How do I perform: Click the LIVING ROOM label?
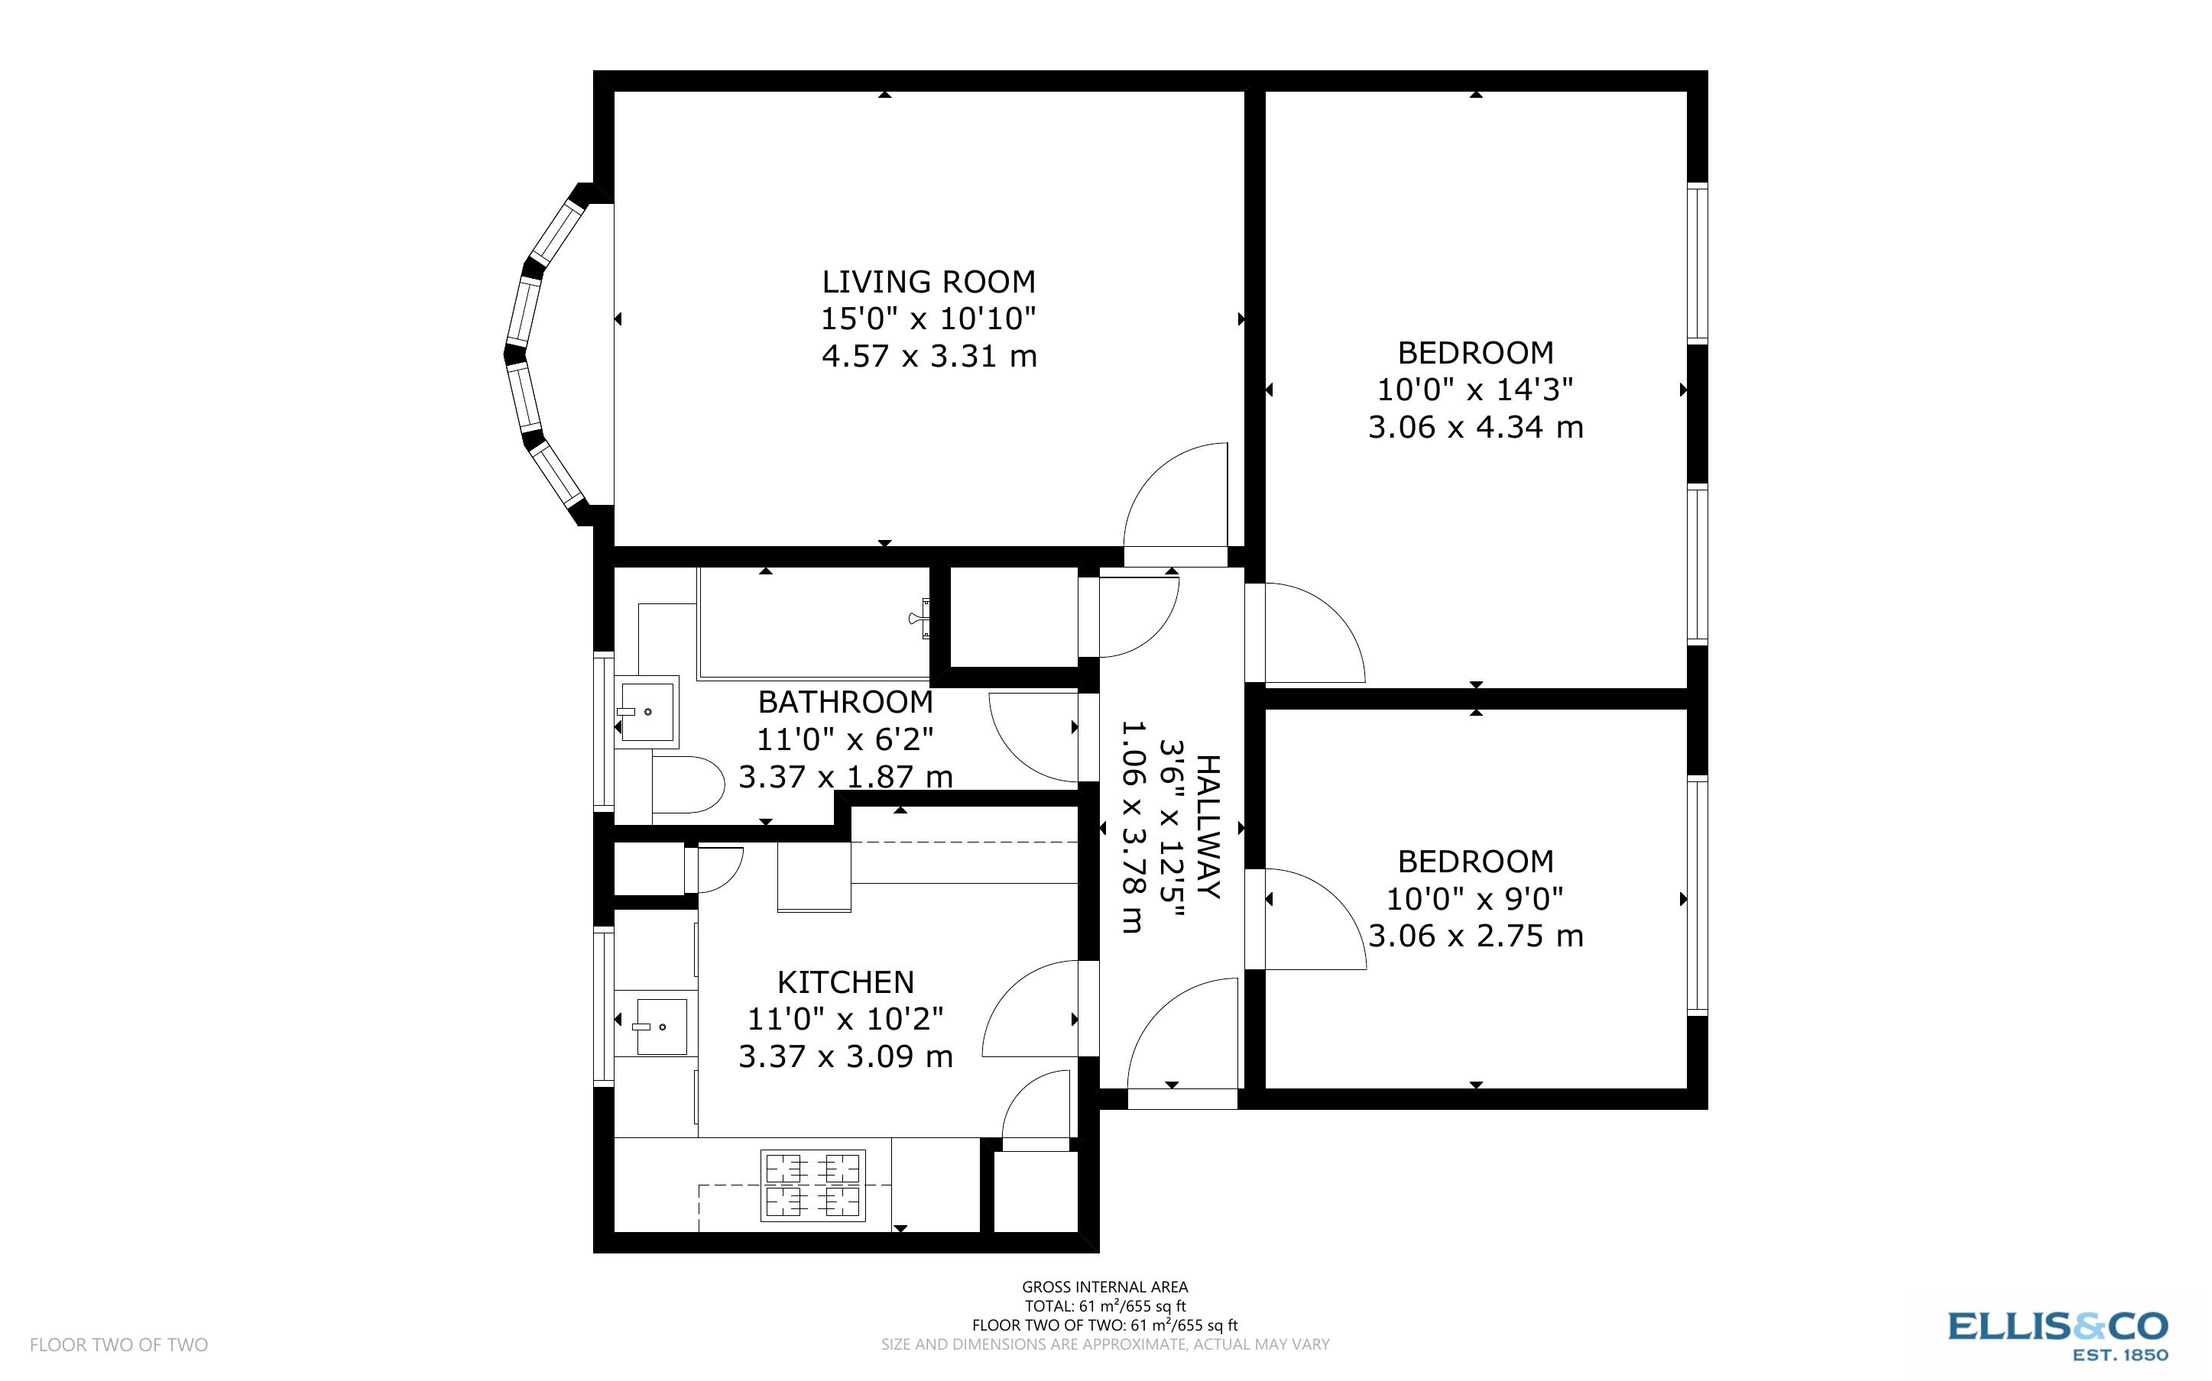[928, 281]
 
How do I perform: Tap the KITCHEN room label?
[845, 982]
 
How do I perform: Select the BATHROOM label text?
[845, 703]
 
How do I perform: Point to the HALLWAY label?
[1208, 826]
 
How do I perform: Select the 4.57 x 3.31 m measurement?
[928, 355]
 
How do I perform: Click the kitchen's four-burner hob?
[812, 1185]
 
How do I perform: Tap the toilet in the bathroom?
[687, 784]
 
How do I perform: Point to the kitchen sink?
[660, 1027]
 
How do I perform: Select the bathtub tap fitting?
[920, 619]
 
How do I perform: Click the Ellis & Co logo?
[2058, 1335]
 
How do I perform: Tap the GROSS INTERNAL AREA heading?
[1104, 1288]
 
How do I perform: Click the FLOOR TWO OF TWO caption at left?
[118, 1344]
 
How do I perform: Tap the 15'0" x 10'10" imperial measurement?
[928, 318]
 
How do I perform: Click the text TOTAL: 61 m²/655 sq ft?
[1104, 1307]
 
